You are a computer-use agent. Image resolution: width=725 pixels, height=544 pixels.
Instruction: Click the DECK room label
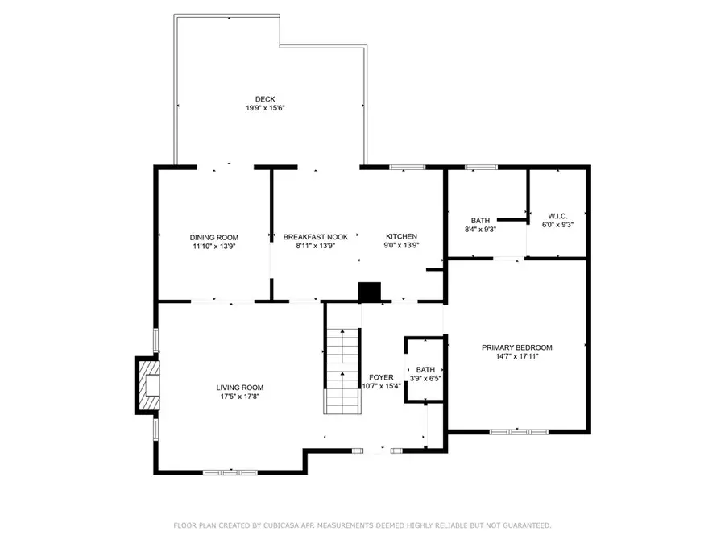click(x=265, y=99)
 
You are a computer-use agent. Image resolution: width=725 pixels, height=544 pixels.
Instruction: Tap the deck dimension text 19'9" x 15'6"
click(x=265, y=108)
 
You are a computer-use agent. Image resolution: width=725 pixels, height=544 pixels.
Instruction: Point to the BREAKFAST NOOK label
click(x=315, y=237)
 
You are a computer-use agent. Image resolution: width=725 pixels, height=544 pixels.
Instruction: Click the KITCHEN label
click(x=400, y=237)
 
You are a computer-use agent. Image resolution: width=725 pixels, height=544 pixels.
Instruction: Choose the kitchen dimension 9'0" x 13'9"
click(x=400, y=246)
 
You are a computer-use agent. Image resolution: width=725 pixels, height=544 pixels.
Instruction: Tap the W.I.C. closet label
click(x=557, y=216)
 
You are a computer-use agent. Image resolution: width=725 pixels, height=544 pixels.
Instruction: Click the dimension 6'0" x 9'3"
click(x=557, y=225)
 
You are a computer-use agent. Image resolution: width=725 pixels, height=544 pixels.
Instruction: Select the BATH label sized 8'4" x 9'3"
click(x=480, y=220)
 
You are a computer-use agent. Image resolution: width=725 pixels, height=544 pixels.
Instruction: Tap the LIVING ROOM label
click(x=240, y=387)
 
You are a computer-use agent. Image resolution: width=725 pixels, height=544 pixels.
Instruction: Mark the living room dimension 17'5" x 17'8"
click(x=240, y=396)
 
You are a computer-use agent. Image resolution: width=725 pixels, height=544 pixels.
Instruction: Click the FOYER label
click(x=381, y=376)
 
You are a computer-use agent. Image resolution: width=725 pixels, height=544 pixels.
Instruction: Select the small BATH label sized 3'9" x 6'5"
click(x=425, y=369)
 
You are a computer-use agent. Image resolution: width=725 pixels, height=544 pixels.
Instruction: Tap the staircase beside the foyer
click(x=342, y=371)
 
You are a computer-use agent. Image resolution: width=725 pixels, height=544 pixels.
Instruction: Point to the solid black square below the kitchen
click(x=370, y=292)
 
